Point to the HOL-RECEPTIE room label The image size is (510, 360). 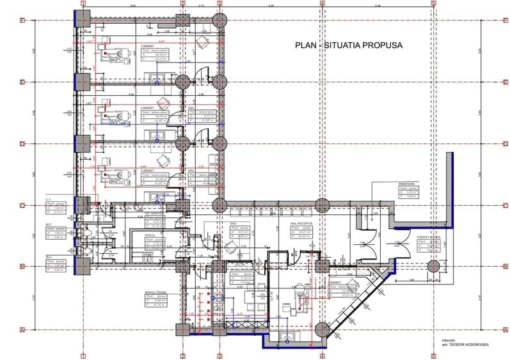tap(305, 224)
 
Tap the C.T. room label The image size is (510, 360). tap(48, 200)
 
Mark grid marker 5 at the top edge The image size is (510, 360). tap(433, 4)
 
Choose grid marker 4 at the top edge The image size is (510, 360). tap(322, 4)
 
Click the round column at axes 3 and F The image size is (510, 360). tap(219, 20)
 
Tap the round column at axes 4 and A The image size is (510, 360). tap(322, 329)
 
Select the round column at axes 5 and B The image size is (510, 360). tap(433, 267)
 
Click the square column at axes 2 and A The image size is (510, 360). tap(182, 329)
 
